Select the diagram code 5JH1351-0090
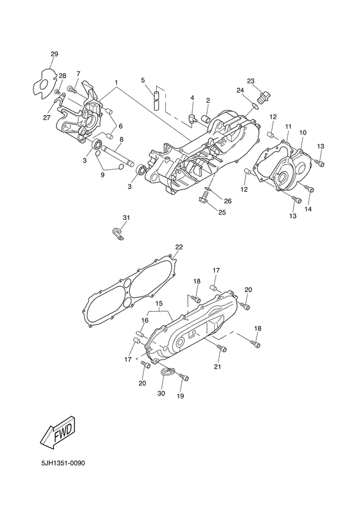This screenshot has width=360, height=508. pos(63,463)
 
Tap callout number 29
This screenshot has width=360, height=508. pos(55,54)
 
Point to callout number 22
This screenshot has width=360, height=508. pos(179,247)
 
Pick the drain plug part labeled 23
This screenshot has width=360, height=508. pos(264,96)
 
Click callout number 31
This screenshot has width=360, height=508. pos(126,217)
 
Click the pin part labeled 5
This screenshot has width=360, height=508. pos(157,98)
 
